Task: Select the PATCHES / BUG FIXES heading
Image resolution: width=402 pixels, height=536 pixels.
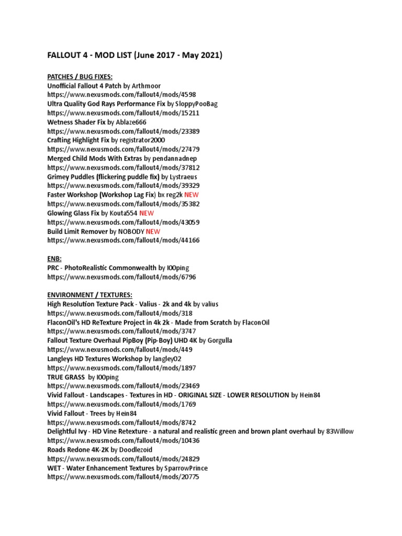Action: pos(80,76)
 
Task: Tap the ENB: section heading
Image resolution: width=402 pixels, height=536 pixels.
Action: pos(54,259)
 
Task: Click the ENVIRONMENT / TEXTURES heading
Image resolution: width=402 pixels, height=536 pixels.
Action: pos(90,295)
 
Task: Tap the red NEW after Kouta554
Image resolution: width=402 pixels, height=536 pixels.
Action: pos(147,213)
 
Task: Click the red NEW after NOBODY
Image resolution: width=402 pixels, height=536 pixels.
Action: pos(153,231)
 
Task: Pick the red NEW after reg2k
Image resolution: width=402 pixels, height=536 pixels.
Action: pos(192,195)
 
